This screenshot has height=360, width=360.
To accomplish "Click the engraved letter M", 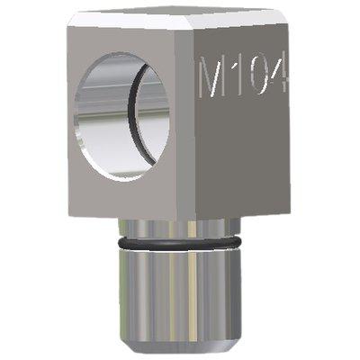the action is click(212, 76).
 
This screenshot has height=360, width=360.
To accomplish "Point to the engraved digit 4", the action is click(280, 75).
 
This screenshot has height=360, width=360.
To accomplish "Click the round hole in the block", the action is click(121, 116).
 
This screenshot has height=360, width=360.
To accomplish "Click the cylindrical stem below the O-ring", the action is click(180, 297).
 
